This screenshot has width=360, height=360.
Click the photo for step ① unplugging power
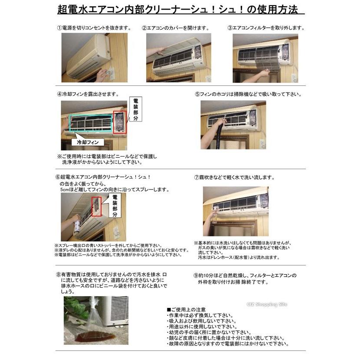(94, 58)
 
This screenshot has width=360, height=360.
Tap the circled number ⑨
(196, 275)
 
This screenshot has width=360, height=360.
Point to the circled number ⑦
(196, 177)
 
